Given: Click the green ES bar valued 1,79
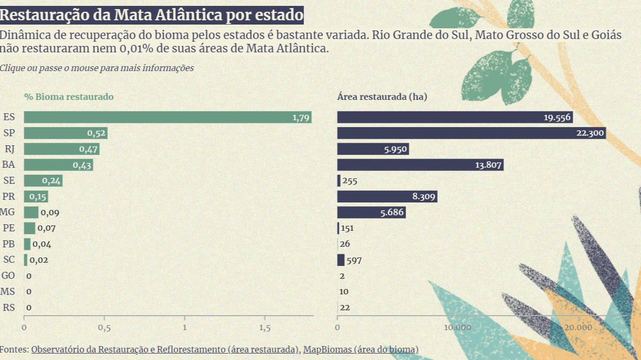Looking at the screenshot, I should point(167,118).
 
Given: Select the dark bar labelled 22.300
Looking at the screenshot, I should point(471,134).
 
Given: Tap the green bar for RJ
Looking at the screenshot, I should point(61,149).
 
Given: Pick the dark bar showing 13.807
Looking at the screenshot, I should point(420,165).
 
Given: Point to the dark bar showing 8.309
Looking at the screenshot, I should point(387,197).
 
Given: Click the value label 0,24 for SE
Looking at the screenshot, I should point(52,181).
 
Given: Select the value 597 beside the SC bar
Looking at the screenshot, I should point(355,261).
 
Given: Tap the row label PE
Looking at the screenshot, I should point(9,229).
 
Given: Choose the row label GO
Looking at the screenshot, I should point(9,276).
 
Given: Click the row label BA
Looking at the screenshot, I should point(9,165).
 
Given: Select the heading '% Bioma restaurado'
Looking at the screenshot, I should point(68,97).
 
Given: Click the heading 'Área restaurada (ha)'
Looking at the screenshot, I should point(382,97).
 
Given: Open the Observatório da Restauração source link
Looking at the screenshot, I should point(165,350).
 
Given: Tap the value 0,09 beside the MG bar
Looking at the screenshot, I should point(50,213).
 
